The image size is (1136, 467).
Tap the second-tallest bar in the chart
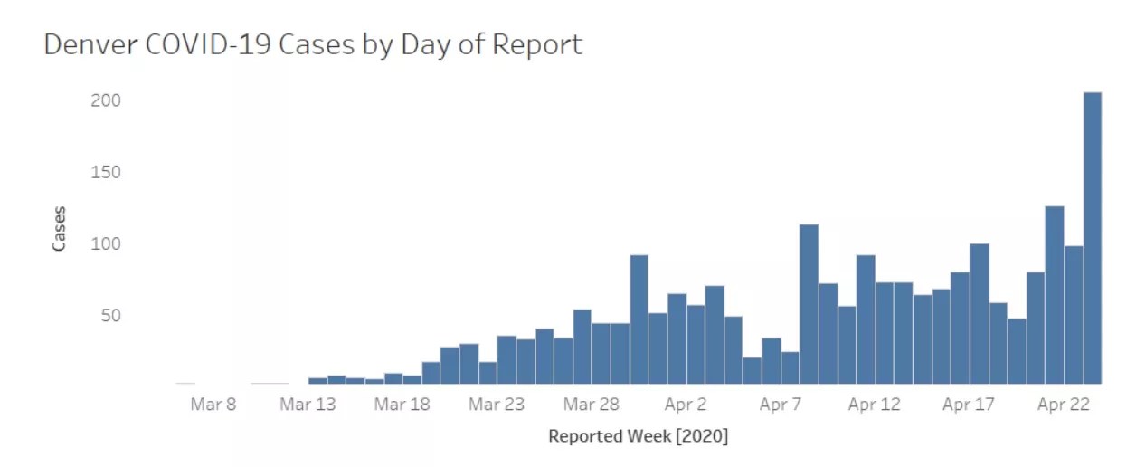click(1054, 295)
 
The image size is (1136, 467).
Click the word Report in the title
click(537, 45)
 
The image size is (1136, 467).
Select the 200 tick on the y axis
click(106, 100)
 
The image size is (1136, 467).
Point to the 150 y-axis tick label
click(106, 172)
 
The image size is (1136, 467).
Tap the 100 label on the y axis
click(106, 243)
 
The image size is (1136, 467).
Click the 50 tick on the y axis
click(109, 316)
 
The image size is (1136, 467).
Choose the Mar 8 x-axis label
click(213, 405)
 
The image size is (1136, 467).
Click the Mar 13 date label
click(308, 405)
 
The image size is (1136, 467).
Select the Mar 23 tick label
click(497, 405)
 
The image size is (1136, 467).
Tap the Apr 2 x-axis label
click(686, 405)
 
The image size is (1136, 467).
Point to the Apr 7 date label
click(780, 405)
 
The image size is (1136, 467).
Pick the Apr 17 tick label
click(969, 405)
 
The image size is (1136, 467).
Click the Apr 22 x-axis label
click(1063, 405)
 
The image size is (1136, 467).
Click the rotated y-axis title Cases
click(59, 229)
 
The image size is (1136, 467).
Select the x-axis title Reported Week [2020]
click(638, 436)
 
